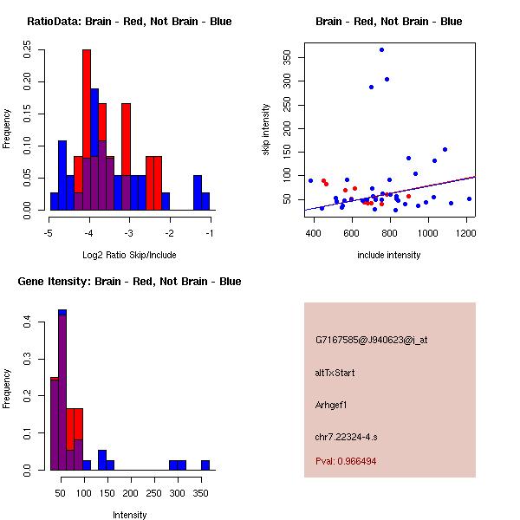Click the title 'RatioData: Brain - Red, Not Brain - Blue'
pos(129,22)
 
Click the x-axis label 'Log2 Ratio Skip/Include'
pos(129,255)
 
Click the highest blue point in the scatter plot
pos(381,50)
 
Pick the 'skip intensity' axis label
pos(267,130)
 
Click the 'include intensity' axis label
pos(389,255)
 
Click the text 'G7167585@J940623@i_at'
pos(371,340)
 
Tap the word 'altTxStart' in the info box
pos(335,373)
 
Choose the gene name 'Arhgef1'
pos(334,405)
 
